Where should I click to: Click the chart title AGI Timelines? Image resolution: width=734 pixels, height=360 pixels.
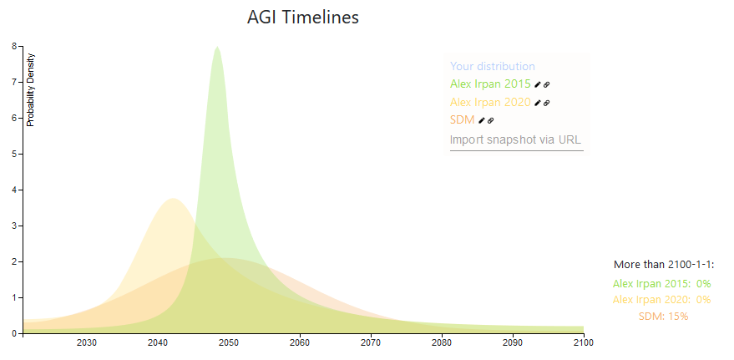click(303, 18)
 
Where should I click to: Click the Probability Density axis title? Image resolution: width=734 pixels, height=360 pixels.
click(31, 89)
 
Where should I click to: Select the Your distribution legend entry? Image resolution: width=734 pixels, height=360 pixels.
click(492, 67)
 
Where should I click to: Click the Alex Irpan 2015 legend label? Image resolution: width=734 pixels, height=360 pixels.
click(490, 84)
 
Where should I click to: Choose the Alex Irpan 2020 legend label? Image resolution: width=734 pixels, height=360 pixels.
click(490, 103)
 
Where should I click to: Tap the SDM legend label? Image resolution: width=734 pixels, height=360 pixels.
click(462, 120)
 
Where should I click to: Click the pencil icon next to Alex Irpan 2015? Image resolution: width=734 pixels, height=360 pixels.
click(539, 84)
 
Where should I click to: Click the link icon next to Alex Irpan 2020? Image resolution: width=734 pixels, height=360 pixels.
click(547, 103)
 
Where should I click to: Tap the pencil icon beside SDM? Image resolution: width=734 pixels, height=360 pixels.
click(482, 120)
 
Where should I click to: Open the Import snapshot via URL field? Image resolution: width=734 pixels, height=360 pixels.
click(515, 140)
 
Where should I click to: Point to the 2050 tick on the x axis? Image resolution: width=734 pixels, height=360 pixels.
click(229, 342)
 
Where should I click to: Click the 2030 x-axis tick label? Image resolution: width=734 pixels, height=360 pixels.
click(87, 342)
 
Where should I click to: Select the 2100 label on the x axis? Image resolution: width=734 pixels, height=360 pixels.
click(583, 342)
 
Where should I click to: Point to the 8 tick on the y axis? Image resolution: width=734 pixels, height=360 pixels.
click(15, 47)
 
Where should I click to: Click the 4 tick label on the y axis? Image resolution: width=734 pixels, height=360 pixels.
click(15, 190)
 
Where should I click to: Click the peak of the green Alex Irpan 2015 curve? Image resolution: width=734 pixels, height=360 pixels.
click(217, 48)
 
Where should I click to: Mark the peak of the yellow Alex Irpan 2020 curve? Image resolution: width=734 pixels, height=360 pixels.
click(173, 199)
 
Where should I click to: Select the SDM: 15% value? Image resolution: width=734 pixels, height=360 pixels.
click(663, 317)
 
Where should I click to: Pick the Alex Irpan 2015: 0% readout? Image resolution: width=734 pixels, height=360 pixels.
click(661, 284)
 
